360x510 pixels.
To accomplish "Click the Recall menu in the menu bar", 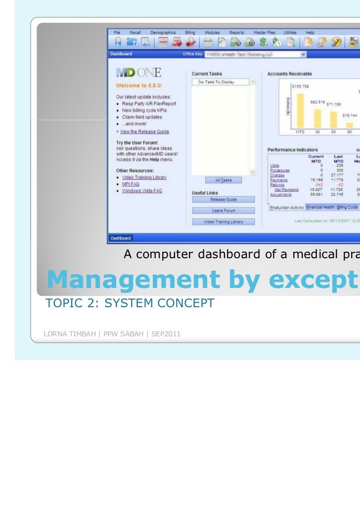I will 135,32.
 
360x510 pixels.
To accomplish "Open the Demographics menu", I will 161,32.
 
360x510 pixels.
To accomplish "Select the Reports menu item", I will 236,32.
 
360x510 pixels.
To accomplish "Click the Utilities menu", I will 290,32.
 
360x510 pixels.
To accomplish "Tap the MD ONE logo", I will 138,73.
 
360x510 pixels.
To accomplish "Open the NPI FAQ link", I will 131,184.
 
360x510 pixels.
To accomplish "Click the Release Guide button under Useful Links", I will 224,199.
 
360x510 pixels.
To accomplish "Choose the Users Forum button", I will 224,211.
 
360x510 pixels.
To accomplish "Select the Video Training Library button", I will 224,222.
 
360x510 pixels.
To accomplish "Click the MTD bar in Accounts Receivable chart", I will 300,111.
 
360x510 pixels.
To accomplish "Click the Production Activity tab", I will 286,208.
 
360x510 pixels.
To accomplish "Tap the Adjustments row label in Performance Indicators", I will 280,195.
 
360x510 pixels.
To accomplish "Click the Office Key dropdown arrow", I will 303,54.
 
